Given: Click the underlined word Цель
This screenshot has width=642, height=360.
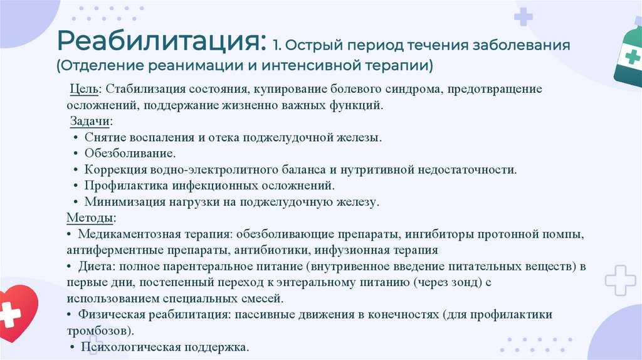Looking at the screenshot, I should click(x=82, y=90).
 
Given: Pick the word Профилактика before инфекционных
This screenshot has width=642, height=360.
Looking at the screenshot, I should click(x=125, y=186).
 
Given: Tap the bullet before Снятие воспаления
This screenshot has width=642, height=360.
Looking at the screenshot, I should click(x=75, y=137).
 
